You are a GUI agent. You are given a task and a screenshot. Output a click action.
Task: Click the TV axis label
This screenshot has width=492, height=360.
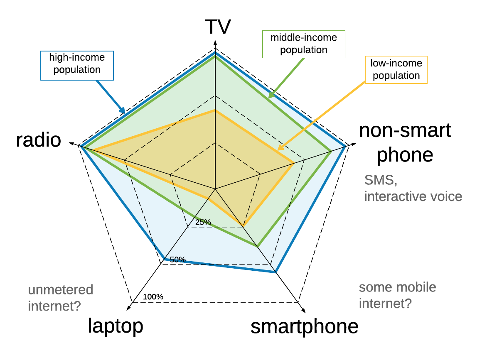(218, 27)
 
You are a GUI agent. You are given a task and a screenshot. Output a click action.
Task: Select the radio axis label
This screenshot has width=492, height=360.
(39, 140)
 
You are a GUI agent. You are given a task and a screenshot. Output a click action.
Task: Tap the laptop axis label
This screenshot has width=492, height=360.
(116, 326)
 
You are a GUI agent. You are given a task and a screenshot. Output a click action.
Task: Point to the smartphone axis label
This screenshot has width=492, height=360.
(304, 327)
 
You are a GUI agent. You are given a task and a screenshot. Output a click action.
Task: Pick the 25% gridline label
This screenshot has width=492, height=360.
(203, 223)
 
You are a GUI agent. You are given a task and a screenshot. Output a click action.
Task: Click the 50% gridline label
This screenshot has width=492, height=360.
(178, 260)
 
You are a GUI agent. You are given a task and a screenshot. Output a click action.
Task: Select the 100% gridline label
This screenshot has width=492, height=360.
(153, 297)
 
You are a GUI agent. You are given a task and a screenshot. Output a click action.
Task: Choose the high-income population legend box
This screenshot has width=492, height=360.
(77, 65)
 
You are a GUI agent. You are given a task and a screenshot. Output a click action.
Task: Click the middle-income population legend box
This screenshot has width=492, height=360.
(304, 44)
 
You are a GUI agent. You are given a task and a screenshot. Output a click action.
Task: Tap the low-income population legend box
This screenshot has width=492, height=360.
(396, 70)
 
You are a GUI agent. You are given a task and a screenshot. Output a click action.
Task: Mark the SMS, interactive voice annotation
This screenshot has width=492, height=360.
(413, 188)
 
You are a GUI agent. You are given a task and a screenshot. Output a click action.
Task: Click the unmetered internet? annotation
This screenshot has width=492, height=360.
(61, 298)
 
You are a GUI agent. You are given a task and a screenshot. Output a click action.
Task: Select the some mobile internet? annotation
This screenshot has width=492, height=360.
(398, 295)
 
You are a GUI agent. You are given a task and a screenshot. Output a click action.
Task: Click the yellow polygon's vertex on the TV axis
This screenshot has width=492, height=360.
(215, 110)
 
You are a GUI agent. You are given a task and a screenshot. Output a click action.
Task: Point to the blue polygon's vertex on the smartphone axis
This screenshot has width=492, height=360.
(275, 272)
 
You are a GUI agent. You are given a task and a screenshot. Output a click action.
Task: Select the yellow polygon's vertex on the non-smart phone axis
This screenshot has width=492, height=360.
(294, 162)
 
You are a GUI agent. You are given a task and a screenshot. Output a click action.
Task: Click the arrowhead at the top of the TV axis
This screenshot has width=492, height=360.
(215, 42)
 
